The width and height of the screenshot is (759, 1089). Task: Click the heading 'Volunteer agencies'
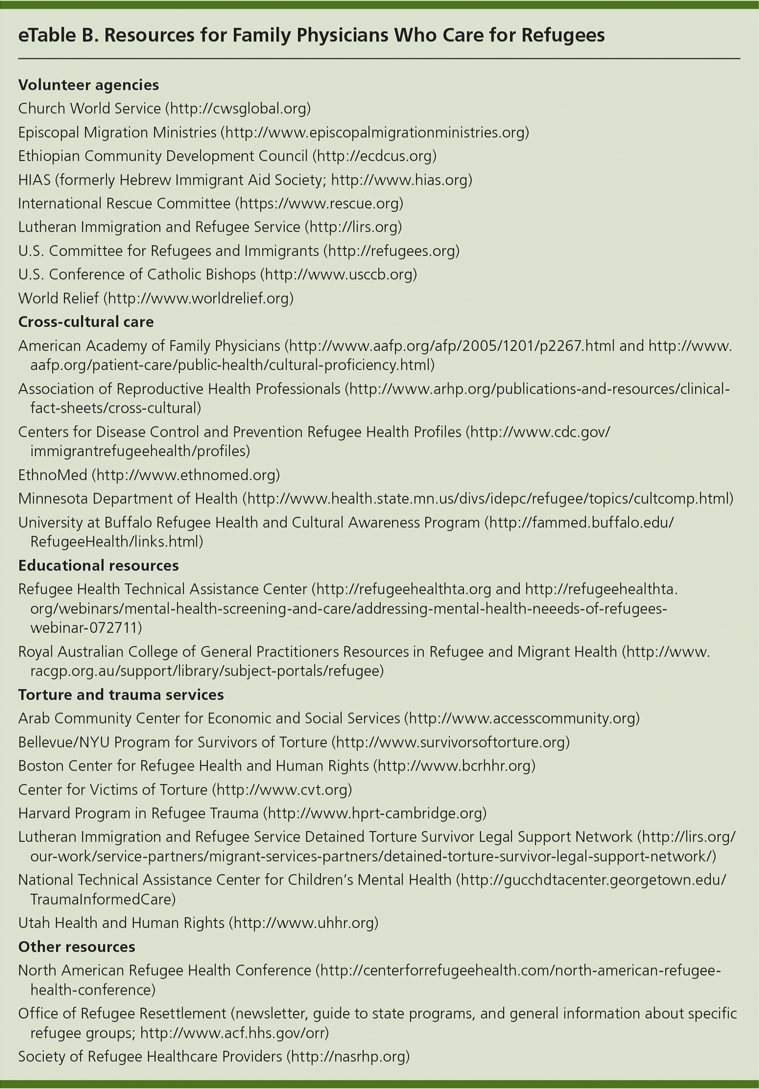(89, 85)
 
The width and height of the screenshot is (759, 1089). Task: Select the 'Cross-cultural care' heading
(86, 322)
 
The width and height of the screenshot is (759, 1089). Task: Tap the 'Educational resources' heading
(98, 565)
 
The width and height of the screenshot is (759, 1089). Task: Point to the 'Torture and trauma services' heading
(121, 695)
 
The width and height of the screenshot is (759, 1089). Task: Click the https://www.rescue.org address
(319, 203)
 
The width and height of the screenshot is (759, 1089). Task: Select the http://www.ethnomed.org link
(187, 474)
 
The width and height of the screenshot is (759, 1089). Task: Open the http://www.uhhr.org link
(304, 923)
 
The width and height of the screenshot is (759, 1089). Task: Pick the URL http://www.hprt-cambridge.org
(375, 813)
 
